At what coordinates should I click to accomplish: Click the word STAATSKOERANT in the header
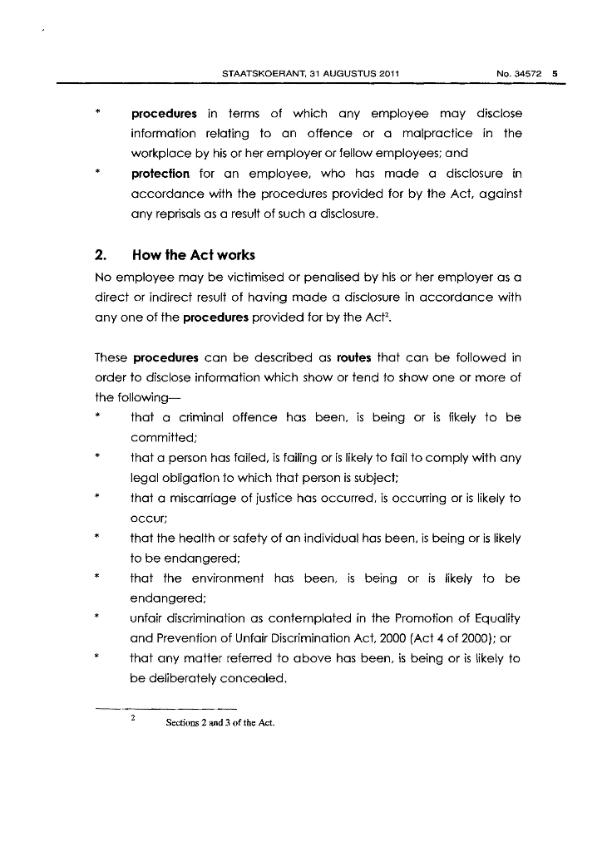(x=253, y=74)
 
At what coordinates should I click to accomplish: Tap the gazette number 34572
(x=528, y=74)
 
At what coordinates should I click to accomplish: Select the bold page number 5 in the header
(x=555, y=74)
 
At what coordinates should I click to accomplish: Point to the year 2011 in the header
(x=388, y=74)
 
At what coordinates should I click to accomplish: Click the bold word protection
(x=160, y=174)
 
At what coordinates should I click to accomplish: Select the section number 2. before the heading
(x=103, y=254)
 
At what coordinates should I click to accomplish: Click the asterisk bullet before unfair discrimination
(x=98, y=618)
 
